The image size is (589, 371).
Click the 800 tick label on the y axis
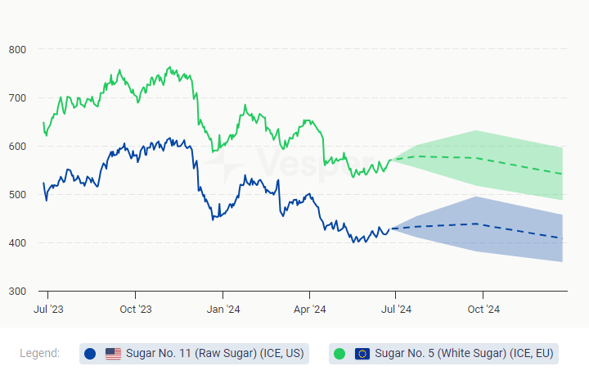[17, 50]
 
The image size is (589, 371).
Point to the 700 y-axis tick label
[17, 98]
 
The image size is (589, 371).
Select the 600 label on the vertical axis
[17, 147]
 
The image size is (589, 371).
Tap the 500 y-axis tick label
[17, 195]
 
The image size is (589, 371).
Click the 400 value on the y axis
[17, 243]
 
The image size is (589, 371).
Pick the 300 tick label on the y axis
[17, 292]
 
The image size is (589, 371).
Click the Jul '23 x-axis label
[48, 309]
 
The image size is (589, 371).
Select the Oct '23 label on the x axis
[135, 309]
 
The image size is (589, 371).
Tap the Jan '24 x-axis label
[223, 309]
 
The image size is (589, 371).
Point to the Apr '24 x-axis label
[309, 309]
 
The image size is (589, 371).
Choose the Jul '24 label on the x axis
[396, 309]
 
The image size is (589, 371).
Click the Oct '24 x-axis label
[483, 309]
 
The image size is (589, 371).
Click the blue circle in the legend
[90, 354]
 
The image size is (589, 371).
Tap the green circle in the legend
[339, 354]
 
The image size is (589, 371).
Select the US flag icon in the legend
[113, 354]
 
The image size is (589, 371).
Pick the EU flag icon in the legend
[362, 354]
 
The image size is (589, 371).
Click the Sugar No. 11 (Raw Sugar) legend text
[215, 354]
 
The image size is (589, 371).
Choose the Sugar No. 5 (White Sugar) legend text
[464, 354]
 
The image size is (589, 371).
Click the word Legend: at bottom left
[39, 354]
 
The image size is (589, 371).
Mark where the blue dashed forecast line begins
[393, 228]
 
